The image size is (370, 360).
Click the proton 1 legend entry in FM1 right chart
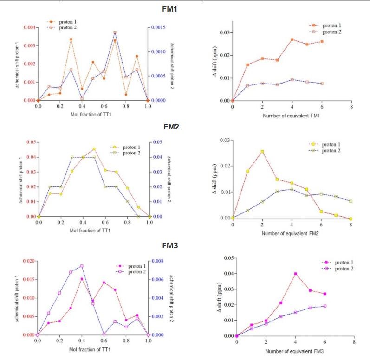330,26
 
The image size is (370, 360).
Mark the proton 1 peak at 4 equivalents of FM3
295,274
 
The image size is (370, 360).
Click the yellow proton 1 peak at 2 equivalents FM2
262,152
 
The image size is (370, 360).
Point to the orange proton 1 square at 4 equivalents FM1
292,39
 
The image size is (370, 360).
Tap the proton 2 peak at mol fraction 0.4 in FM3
82,266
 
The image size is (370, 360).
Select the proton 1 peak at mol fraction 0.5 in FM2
94,149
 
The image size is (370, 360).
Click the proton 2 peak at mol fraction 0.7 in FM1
115,32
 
